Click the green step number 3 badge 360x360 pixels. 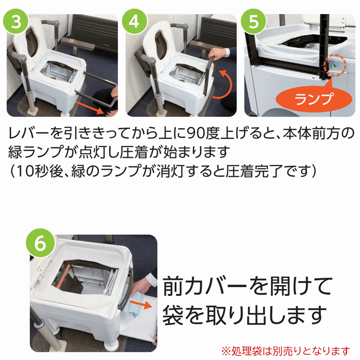(15, 21)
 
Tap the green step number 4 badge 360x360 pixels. (134, 21)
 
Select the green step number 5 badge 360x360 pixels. (253, 21)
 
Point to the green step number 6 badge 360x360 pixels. (40, 243)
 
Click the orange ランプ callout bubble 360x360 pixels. (313, 98)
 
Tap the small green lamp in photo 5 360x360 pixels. (334, 66)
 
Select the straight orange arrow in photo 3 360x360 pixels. (90, 107)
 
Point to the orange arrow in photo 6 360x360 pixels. (140, 304)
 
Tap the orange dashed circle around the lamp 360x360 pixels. (334, 66)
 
